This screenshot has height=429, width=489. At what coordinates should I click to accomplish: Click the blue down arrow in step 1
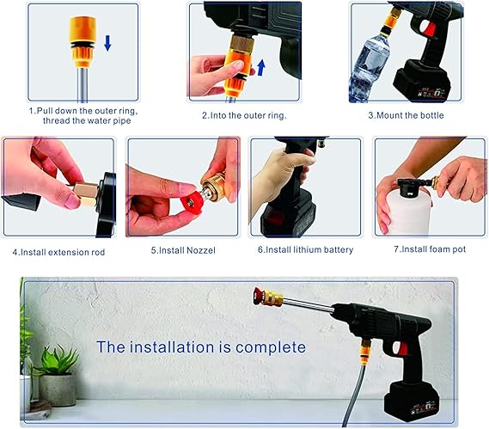[107, 42]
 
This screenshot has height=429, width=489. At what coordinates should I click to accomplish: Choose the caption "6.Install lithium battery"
[303, 251]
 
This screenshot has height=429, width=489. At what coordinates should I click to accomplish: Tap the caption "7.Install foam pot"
[426, 251]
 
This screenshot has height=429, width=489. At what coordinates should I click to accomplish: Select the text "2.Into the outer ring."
[246, 114]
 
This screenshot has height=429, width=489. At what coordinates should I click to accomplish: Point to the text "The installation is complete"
[200, 347]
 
